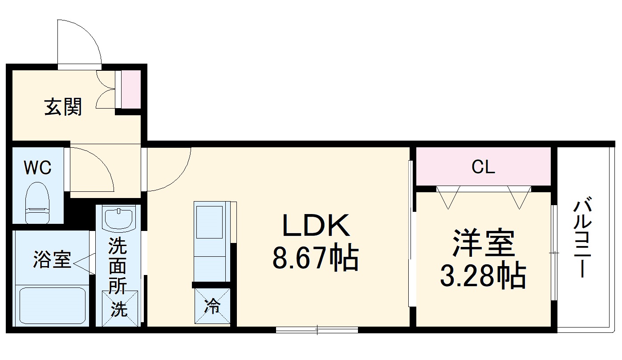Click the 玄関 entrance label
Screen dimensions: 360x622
pyautogui.click(x=63, y=107)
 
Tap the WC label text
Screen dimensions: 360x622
pyautogui.click(x=37, y=168)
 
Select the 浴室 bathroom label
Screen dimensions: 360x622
pyautogui.click(x=52, y=260)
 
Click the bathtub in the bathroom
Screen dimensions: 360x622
pyautogui.click(x=53, y=306)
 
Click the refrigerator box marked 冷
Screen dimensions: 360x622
pyautogui.click(x=212, y=306)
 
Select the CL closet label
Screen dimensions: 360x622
pyautogui.click(x=483, y=167)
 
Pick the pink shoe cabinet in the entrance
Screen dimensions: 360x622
pyautogui.click(x=131, y=89)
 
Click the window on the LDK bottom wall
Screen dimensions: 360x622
pyautogui.click(x=317, y=330)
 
